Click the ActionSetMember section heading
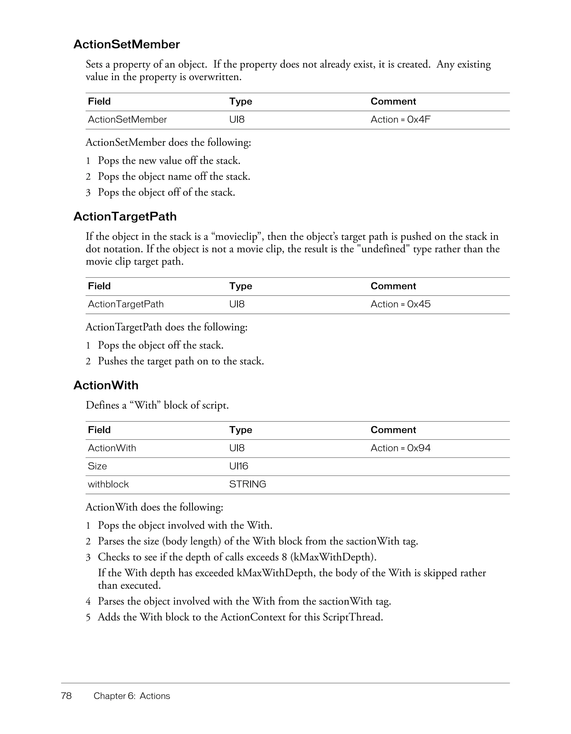coord(126,44)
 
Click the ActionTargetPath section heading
coord(125,216)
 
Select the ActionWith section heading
coord(106,385)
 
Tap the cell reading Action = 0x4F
coord(400,120)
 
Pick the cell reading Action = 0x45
coord(400,304)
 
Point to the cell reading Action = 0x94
coord(400,448)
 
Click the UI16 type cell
coord(238,466)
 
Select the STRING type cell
coord(247,484)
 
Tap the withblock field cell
coord(108,484)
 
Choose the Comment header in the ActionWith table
coord(393,430)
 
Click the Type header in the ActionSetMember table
coord(240,101)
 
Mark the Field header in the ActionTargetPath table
coord(99,286)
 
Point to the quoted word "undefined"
coord(383,249)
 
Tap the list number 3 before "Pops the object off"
coord(88,193)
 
